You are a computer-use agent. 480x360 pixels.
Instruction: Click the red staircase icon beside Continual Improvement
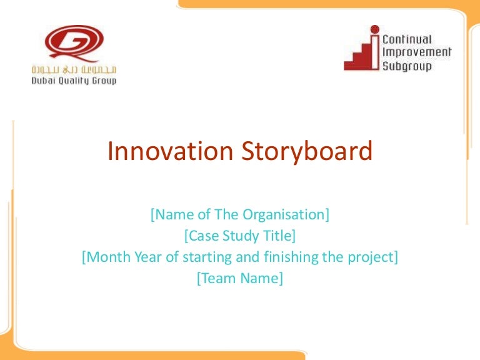tap(366, 50)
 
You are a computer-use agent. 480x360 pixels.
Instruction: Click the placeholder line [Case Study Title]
tap(239, 236)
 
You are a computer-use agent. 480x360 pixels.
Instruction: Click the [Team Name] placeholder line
tap(239, 279)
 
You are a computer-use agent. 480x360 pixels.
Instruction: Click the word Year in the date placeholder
tap(141, 257)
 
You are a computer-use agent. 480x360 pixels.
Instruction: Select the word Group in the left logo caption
tap(104, 80)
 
